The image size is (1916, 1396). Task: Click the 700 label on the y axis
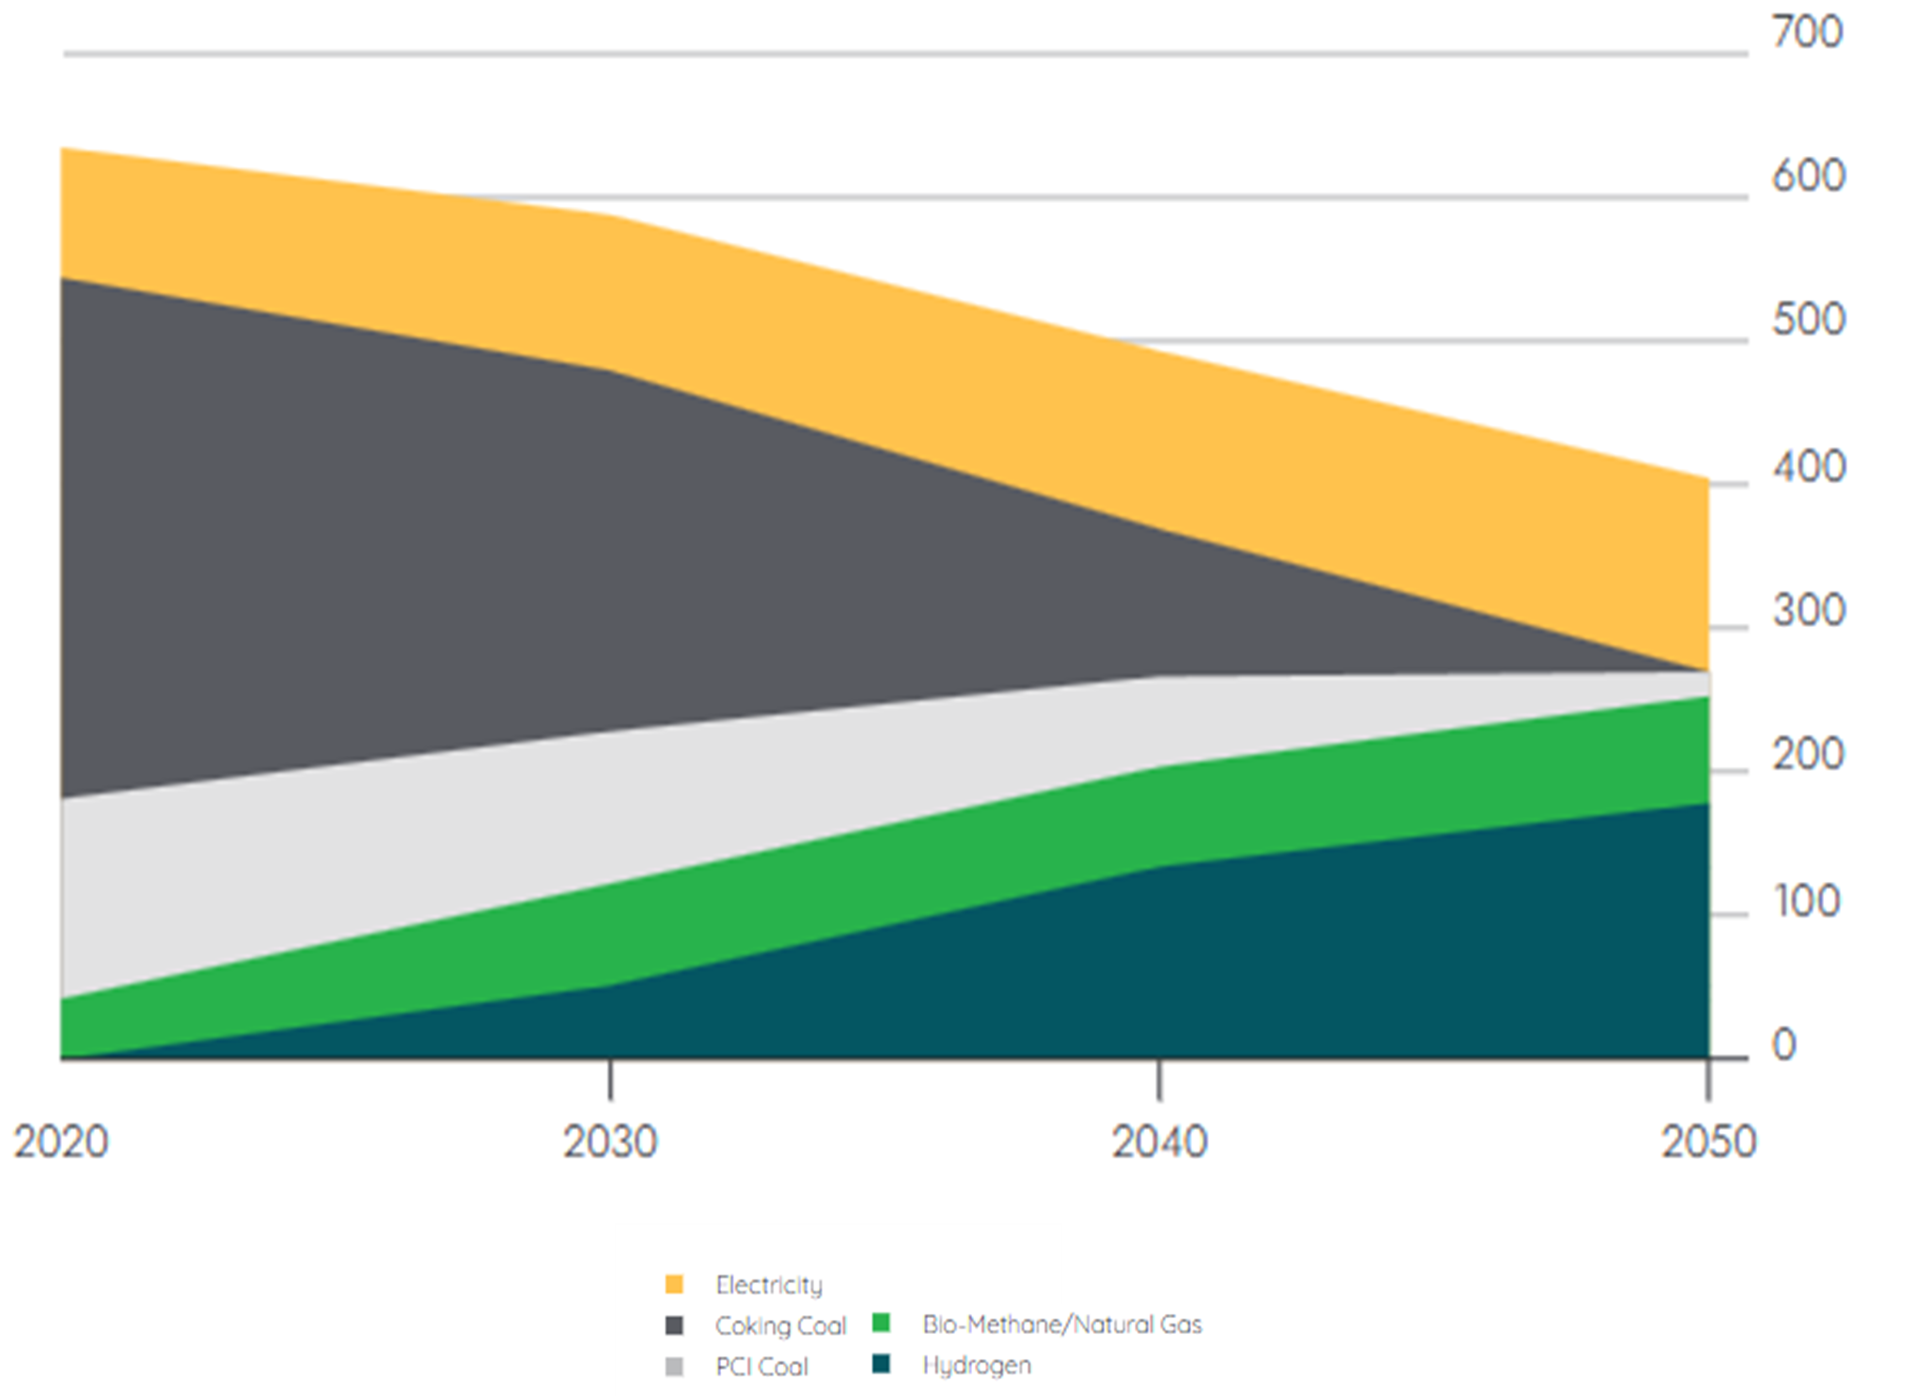(1807, 32)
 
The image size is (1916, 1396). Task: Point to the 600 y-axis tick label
(1808, 176)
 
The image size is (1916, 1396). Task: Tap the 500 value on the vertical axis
(1808, 320)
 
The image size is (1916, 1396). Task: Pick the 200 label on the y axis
(1808, 755)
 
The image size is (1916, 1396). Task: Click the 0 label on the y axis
(1783, 1044)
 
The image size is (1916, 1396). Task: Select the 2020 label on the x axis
(61, 1141)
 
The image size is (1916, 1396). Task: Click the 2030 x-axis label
(610, 1141)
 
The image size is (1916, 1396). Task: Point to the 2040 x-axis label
(1159, 1141)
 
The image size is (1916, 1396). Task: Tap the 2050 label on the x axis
(1708, 1141)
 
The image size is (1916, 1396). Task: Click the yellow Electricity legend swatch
(674, 1284)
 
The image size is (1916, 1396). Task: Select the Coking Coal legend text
(780, 1325)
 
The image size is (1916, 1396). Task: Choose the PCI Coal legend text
(762, 1366)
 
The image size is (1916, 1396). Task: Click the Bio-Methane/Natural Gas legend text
(1061, 1325)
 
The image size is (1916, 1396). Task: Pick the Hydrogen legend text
(976, 1365)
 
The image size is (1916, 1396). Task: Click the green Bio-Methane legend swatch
(881, 1324)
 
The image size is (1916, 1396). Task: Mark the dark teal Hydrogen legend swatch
(881, 1364)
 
